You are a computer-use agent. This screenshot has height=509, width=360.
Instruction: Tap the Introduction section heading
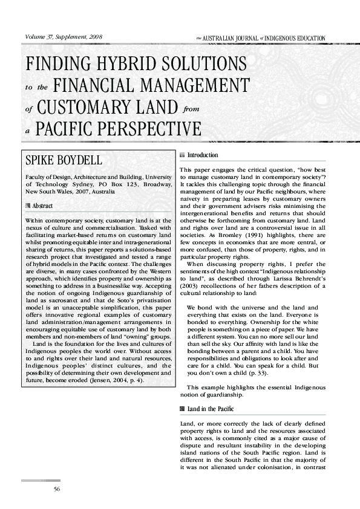(203, 155)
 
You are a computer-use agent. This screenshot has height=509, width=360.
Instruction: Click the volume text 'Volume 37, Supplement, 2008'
(63, 37)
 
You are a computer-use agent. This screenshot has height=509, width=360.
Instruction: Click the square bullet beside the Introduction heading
(183, 155)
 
